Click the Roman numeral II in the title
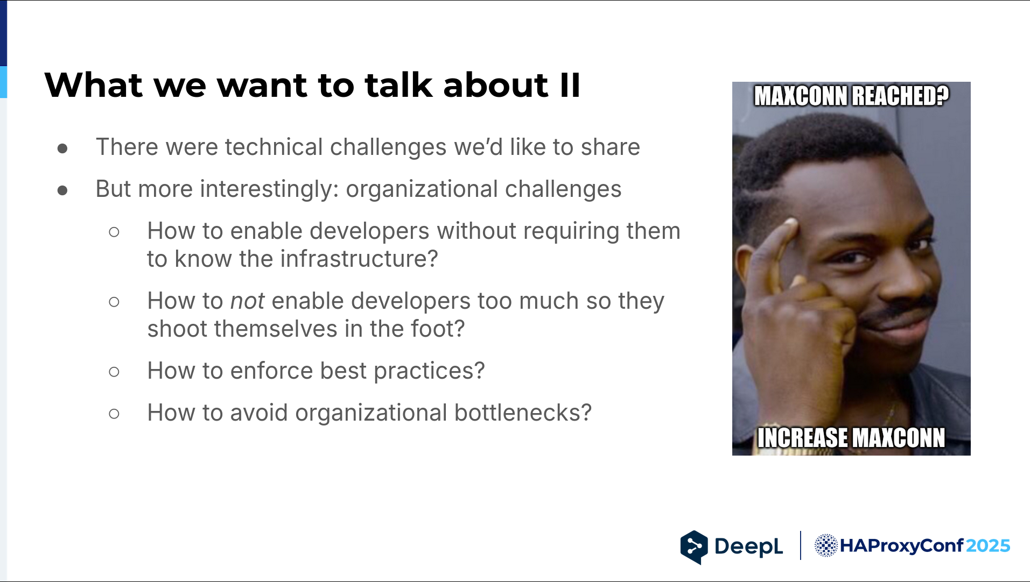pyautogui.click(x=570, y=86)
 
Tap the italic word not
pyautogui.click(x=247, y=301)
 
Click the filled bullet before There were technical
pyautogui.click(x=62, y=148)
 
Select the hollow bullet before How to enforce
pyautogui.click(x=114, y=372)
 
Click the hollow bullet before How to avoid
pyautogui.click(x=114, y=414)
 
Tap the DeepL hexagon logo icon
pyautogui.click(x=694, y=547)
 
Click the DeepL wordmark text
pyautogui.click(x=748, y=546)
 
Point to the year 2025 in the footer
pyautogui.click(x=988, y=545)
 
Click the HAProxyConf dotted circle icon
pyautogui.click(x=826, y=545)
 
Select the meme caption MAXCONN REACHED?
pyautogui.click(x=851, y=96)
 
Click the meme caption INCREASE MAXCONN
pyautogui.click(x=851, y=438)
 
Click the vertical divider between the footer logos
pyautogui.click(x=801, y=545)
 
